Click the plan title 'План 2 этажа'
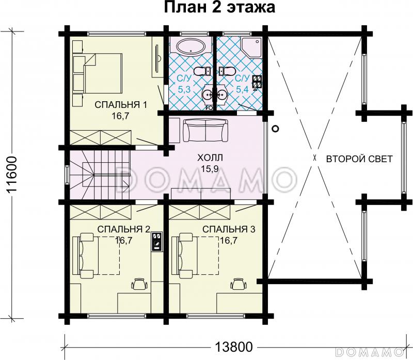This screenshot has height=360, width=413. coord(220,7)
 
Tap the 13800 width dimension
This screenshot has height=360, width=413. coord(234,347)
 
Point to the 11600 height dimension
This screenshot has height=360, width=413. coord(11,175)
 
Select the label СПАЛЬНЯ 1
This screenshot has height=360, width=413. coord(121,105)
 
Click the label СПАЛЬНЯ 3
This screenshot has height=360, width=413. coord(229,229)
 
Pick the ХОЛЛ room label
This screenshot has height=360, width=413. coord(210,158)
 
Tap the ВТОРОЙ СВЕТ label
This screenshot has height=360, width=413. coord(359,159)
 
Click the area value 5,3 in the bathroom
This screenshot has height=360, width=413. coord(184,89)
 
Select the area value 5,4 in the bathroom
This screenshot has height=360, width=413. coord(242,89)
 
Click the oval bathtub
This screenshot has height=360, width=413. coord(190,48)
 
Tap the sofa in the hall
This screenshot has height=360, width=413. coord(205,131)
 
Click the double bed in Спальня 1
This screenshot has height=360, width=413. coord(103,73)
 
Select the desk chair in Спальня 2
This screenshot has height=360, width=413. coord(139,284)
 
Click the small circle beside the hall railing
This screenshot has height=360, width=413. coord(276,129)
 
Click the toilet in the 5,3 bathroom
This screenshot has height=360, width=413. coord(202,71)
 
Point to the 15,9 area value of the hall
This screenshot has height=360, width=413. coord(210,169)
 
